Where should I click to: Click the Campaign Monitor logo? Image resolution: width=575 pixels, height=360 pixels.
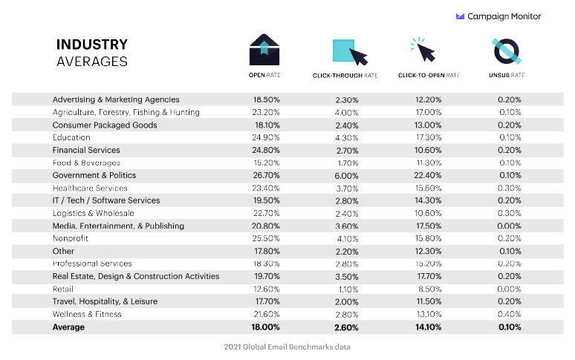[498, 16]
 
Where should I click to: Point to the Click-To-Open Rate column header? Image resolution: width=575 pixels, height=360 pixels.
[429, 75]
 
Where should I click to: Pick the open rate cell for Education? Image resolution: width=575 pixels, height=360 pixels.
[267, 137]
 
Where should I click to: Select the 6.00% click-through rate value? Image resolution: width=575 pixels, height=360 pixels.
[346, 175]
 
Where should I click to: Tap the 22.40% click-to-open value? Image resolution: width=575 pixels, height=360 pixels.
[429, 175]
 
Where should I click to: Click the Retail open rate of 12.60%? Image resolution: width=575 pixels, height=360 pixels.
[267, 289]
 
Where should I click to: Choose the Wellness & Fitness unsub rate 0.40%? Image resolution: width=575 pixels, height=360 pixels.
[510, 314]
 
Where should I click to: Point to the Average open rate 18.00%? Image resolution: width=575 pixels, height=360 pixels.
[267, 327]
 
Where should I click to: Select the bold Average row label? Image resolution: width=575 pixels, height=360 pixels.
[68, 327]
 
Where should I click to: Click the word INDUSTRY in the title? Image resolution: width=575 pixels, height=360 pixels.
[92, 45]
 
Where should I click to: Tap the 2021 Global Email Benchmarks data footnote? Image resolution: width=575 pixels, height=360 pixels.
[287, 347]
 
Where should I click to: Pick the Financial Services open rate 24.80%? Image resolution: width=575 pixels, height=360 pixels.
[267, 150]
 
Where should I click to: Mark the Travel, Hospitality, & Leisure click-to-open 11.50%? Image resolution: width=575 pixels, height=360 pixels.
[429, 301]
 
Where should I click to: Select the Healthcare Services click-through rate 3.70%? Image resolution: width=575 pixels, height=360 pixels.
[346, 188]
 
